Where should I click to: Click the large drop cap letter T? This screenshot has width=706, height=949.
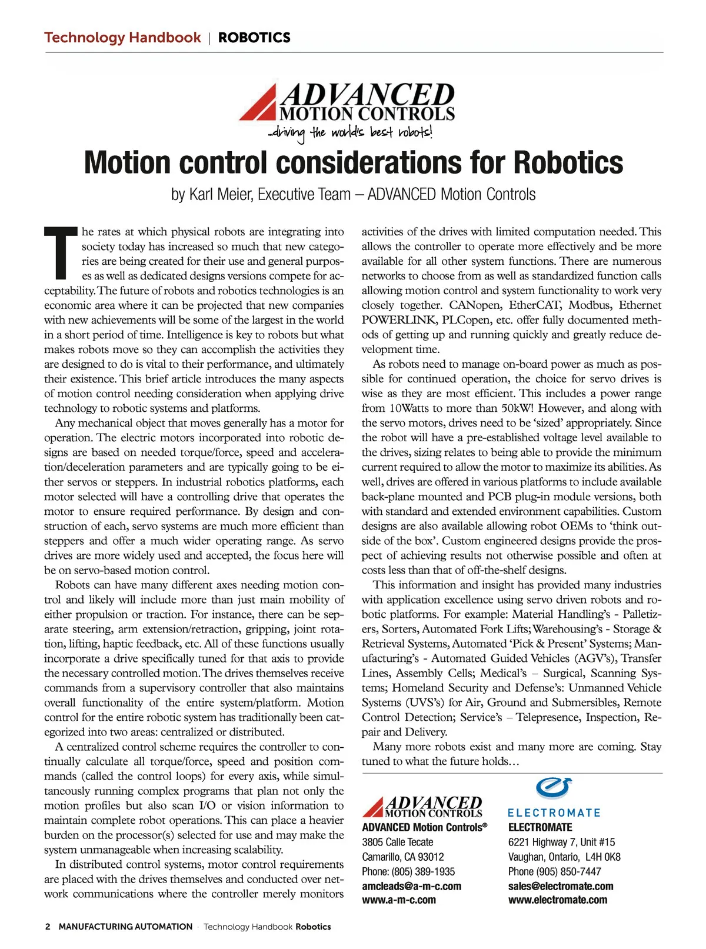click(x=61, y=253)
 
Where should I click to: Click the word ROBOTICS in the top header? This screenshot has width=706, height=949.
click(x=254, y=38)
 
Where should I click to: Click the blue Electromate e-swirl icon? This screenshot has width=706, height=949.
click(x=554, y=788)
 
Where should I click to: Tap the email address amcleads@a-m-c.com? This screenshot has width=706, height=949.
click(x=411, y=886)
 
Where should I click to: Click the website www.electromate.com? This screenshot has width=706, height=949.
click(x=558, y=900)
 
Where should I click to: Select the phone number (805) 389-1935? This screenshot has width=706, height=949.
click(x=423, y=871)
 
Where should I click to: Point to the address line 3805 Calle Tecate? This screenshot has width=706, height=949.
click(x=397, y=842)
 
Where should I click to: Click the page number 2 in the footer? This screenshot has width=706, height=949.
click(x=48, y=927)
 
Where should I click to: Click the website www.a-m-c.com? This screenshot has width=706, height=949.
click(x=399, y=900)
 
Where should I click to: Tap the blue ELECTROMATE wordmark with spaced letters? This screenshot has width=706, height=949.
click(x=554, y=813)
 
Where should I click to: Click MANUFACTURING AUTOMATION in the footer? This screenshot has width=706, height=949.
click(x=125, y=927)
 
